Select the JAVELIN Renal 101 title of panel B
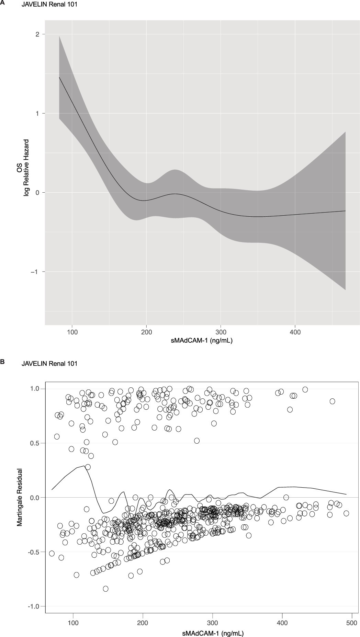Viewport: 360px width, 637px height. click(x=49, y=364)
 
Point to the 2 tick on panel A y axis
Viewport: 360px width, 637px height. click(x=38, y=34)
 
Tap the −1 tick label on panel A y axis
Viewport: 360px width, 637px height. click(x=35, y=272)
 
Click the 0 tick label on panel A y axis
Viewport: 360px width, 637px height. click(x=38, y=193)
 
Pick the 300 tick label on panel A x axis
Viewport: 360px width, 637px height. click(x=221, y=332)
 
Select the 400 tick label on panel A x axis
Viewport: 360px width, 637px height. click(x=295, y=332)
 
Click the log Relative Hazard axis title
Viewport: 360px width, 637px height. click(x=26, y=168)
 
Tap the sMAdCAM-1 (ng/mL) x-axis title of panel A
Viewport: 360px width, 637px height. click(x=202, y=341)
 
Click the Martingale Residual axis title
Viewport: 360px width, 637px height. click(x=20, y=497)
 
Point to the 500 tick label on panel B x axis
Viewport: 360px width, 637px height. click(x=352, y=623)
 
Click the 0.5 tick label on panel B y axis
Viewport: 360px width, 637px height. click(x=34, y=443)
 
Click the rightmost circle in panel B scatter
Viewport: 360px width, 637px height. click(x=346, y=513)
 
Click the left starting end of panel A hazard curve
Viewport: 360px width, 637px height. click(x=59, y=77)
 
